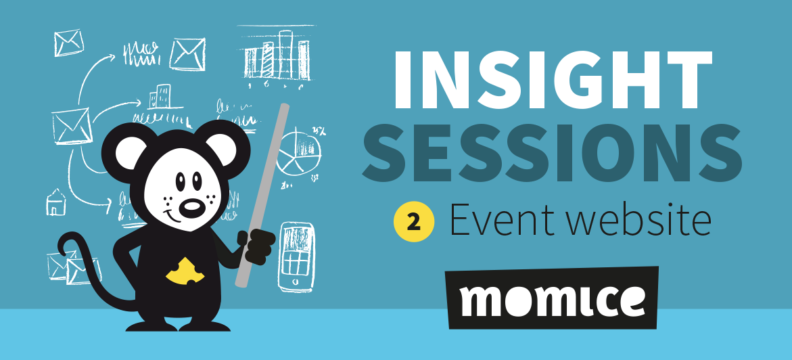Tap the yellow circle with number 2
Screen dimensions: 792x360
coord(414,222)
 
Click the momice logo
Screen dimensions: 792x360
coord(553,298)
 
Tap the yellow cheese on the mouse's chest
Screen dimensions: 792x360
coord(185,271)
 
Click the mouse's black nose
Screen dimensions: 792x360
coord(192,206)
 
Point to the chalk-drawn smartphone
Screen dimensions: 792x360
coord(296,256)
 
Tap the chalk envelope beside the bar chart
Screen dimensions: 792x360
coord(187,54)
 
